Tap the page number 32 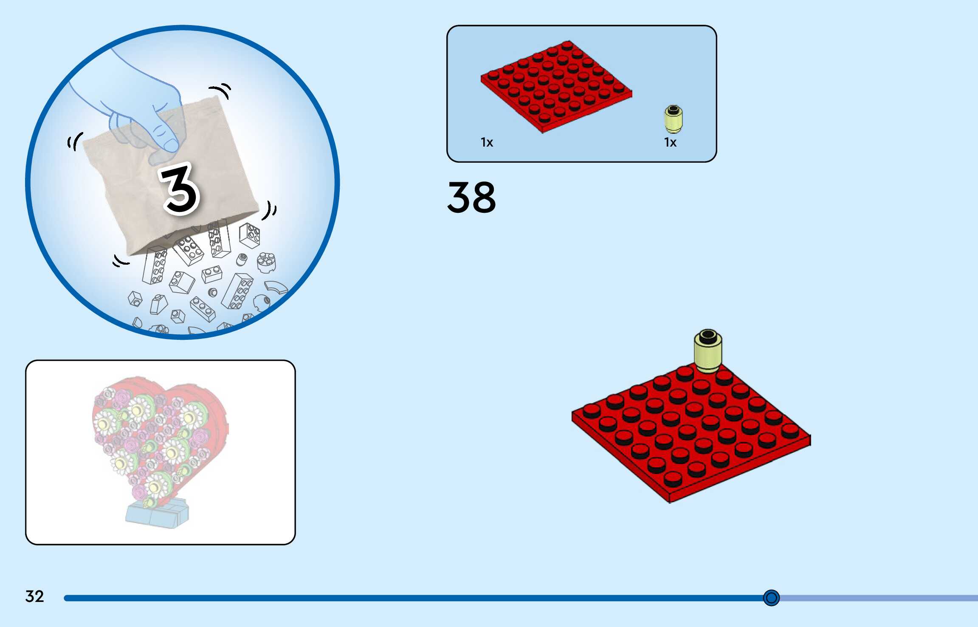click(x=34, y=596)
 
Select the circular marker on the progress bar click(x=771, y=598)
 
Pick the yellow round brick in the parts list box click(x=673, y=119)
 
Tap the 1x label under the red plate click(x=487, y=142)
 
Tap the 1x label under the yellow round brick click(x=670, y=142)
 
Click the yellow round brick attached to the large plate click(x=707, y=350)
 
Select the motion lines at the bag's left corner click(x=75, y=141)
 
